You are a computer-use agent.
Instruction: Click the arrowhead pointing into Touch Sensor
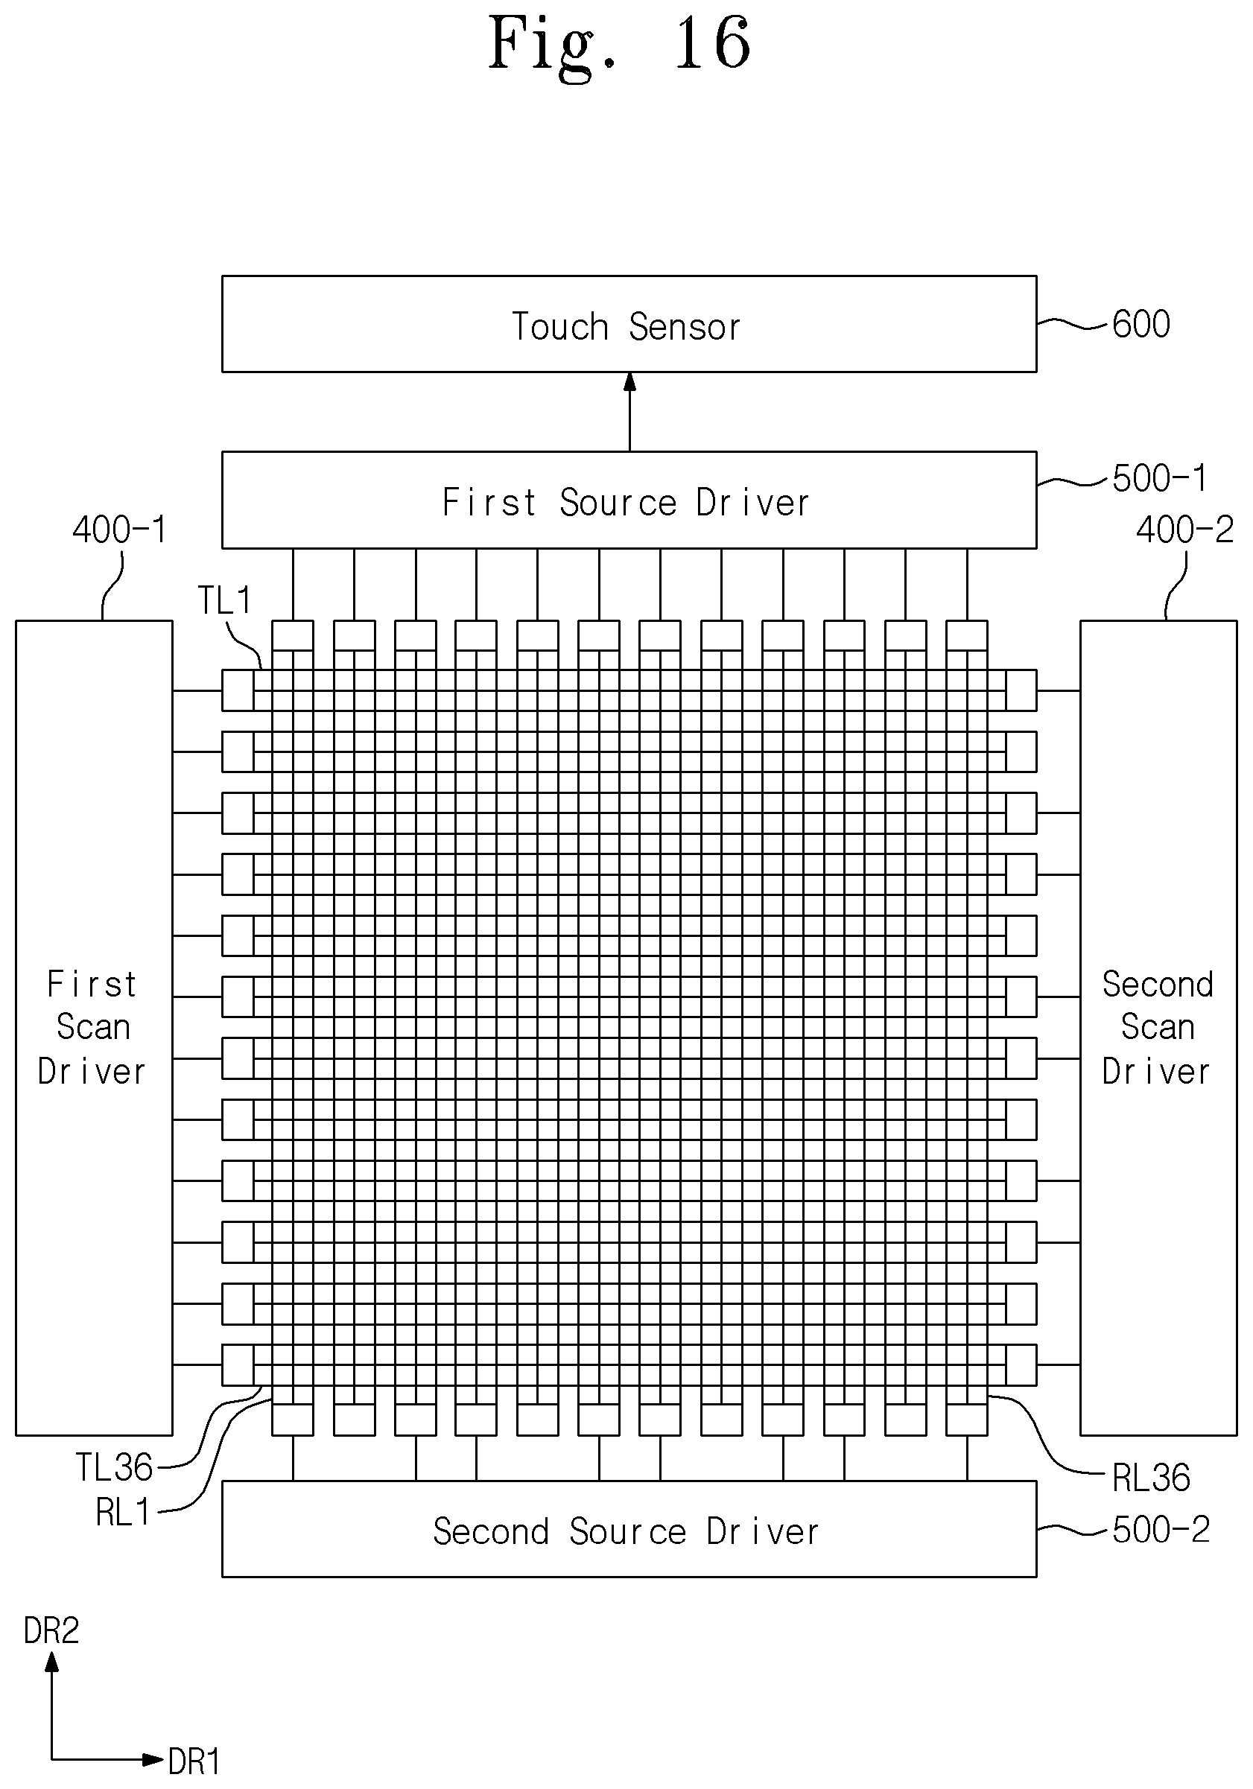pos(629,382)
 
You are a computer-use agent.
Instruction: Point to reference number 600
pos(1141,324)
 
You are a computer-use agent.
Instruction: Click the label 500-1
pos(1159,478)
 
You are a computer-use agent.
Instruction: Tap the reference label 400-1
pos(120,530)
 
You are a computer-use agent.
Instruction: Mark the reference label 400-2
pos(1184,530)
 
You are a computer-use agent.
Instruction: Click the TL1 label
pos(224,600)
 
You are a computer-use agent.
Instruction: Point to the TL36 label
pos(114,1467)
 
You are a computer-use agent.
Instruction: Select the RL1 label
pos(122,1513)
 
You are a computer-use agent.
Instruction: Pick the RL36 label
pos(1151,1478)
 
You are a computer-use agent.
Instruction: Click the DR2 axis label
pos(51,1630)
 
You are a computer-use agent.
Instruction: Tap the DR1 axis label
pos(194,1761)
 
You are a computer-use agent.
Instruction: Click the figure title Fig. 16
pos(620,44)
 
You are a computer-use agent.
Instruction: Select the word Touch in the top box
pos(559,325)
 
